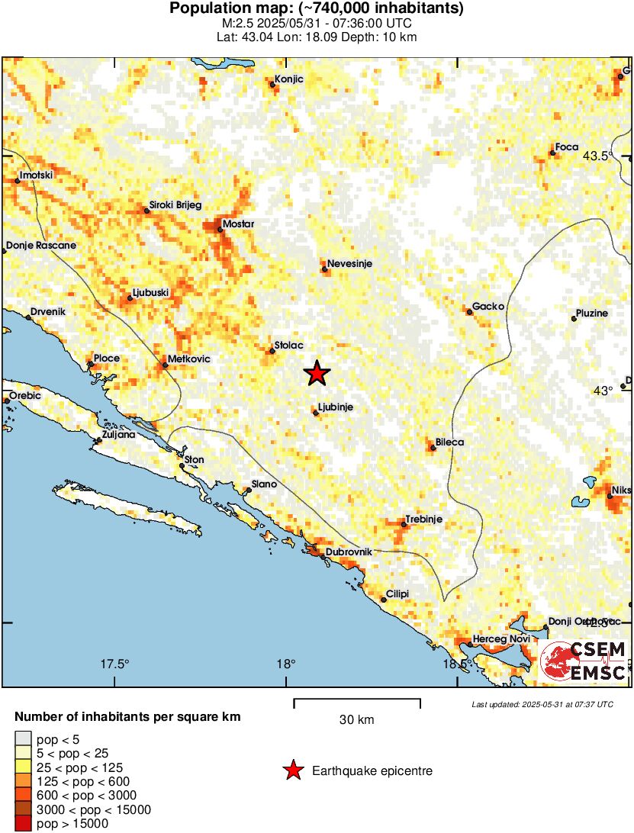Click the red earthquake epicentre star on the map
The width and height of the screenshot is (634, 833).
click(x=317, y=373)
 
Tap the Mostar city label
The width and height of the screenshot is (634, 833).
click(x=238, y=224)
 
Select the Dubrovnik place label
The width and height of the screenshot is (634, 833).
click(x=349, y=552)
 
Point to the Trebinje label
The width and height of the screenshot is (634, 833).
click(x=423, y=519)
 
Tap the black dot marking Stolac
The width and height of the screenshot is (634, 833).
click(x=272, y=351)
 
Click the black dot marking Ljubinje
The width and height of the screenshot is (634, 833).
click(x=316, y=413)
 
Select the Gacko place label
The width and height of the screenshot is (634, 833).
click(x=488, y=307)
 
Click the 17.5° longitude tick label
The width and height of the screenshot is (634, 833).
click(x=115, y=664)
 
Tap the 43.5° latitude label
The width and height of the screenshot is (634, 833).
click(x=598, y=156)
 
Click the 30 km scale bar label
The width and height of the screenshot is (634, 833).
click(x=356, y=719)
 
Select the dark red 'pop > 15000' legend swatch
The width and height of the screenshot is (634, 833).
click(x=24, y=823)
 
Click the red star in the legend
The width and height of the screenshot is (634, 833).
click(x=293, y=771)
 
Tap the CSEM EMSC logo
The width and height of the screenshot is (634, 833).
click(x=585, y=661)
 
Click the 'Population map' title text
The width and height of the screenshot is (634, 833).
click(x=317, y=9)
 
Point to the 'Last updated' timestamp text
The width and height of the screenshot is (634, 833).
click(x=542, y=704)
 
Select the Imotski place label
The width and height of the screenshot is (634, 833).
click(x=36, y=175)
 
